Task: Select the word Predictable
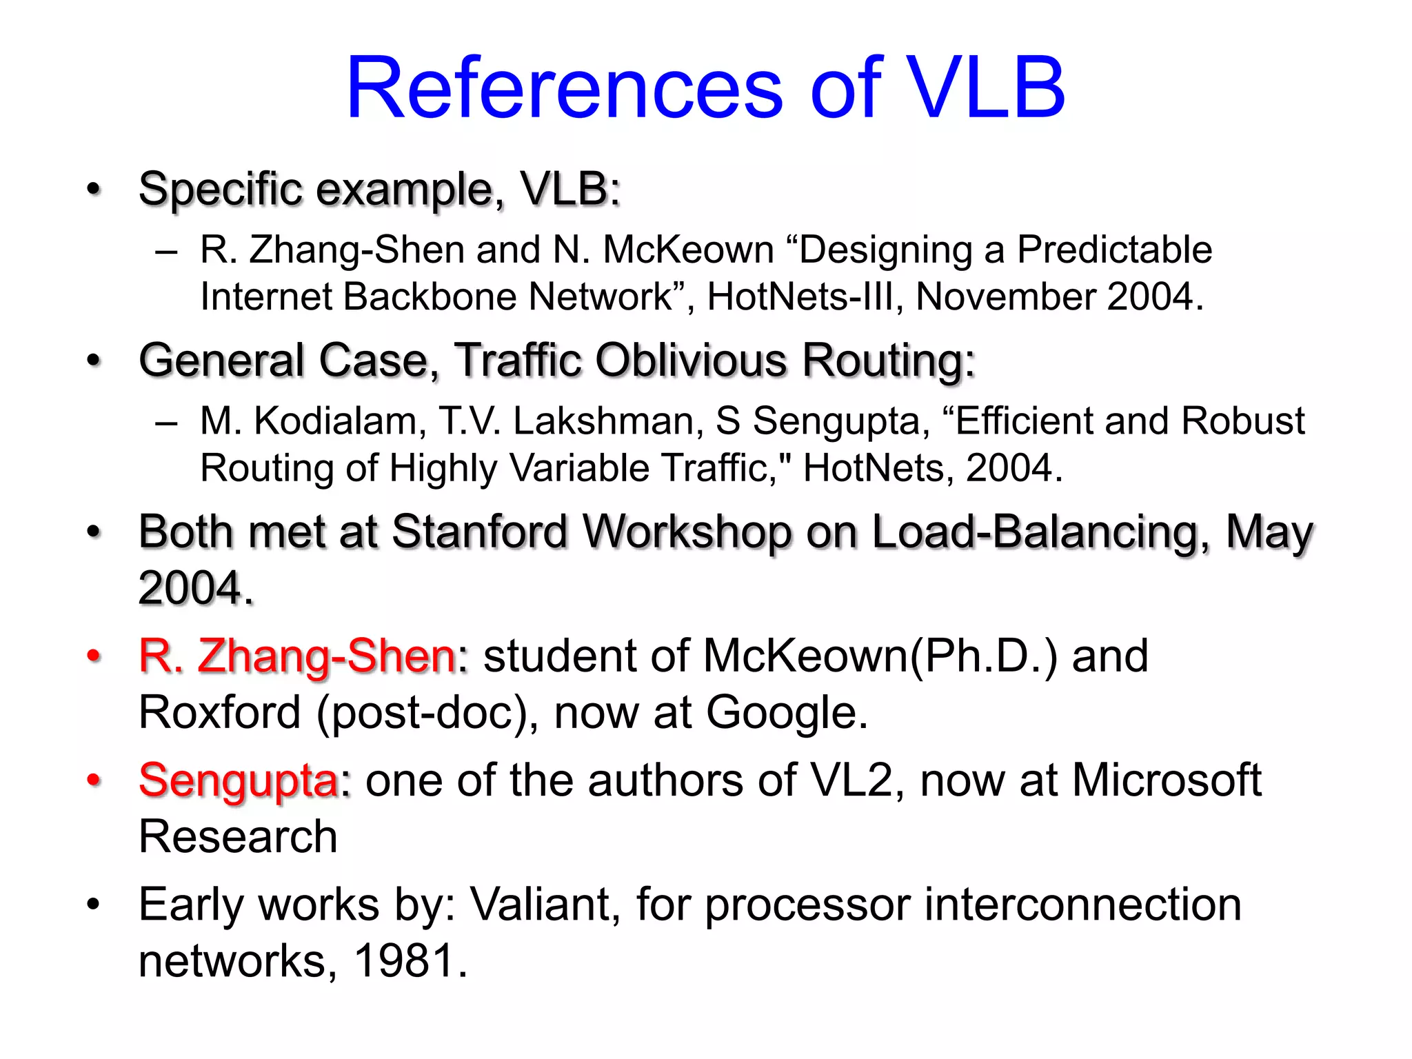tap(1114, 249)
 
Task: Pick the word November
tap(1005, 296)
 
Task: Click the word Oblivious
tap(691, 360)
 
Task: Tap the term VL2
tap(852, 780)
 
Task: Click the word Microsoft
tap(1167, 780)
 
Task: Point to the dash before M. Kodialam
tap(166, 422)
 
